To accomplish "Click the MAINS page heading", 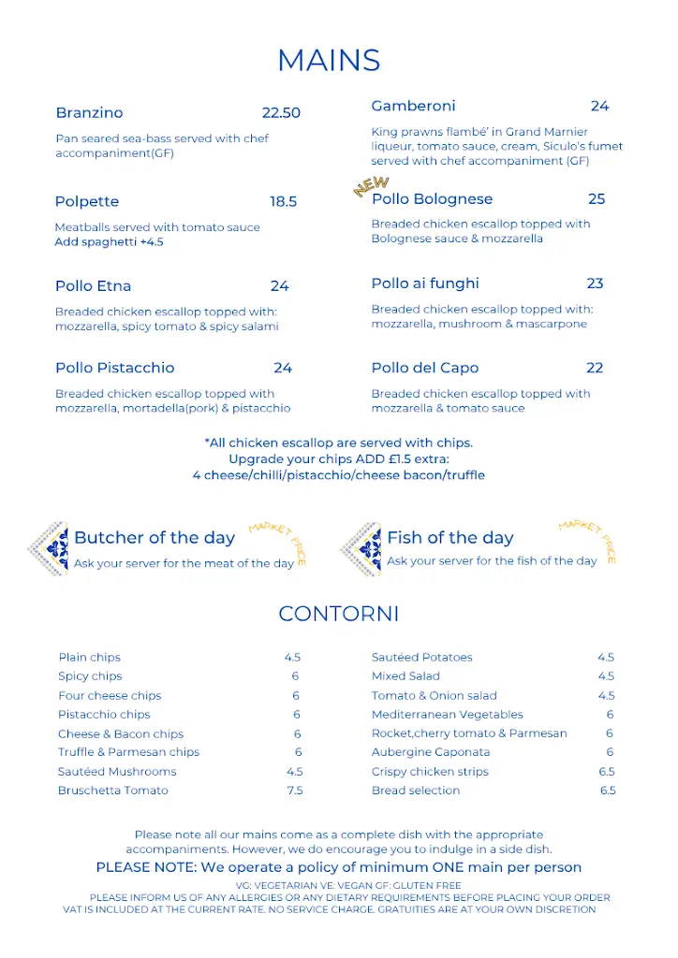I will [x=329, y=61].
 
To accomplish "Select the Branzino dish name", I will [x=89, y=113].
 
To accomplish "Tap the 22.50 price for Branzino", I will [x=281, y=113].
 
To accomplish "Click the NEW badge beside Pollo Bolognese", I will [x=371, y=187].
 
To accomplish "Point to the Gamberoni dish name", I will [x=413, y=106].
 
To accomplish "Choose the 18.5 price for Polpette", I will [x=284, y=202].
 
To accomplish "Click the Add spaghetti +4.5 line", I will [x=109, y=242].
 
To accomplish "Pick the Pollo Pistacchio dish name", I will [x=114, y=368].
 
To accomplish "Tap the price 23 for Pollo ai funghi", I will [x=595, y=283].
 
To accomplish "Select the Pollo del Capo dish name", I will [x=424, y=368].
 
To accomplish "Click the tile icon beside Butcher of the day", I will [x=49, y=549].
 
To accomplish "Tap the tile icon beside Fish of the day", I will [x=361, y=549].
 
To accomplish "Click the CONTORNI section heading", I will [x=339, y=615].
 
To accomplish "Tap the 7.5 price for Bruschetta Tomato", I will [x=295, y=791].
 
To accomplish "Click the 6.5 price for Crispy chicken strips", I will [x=607, y=772].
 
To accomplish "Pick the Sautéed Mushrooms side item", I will [x=117, y=772].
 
